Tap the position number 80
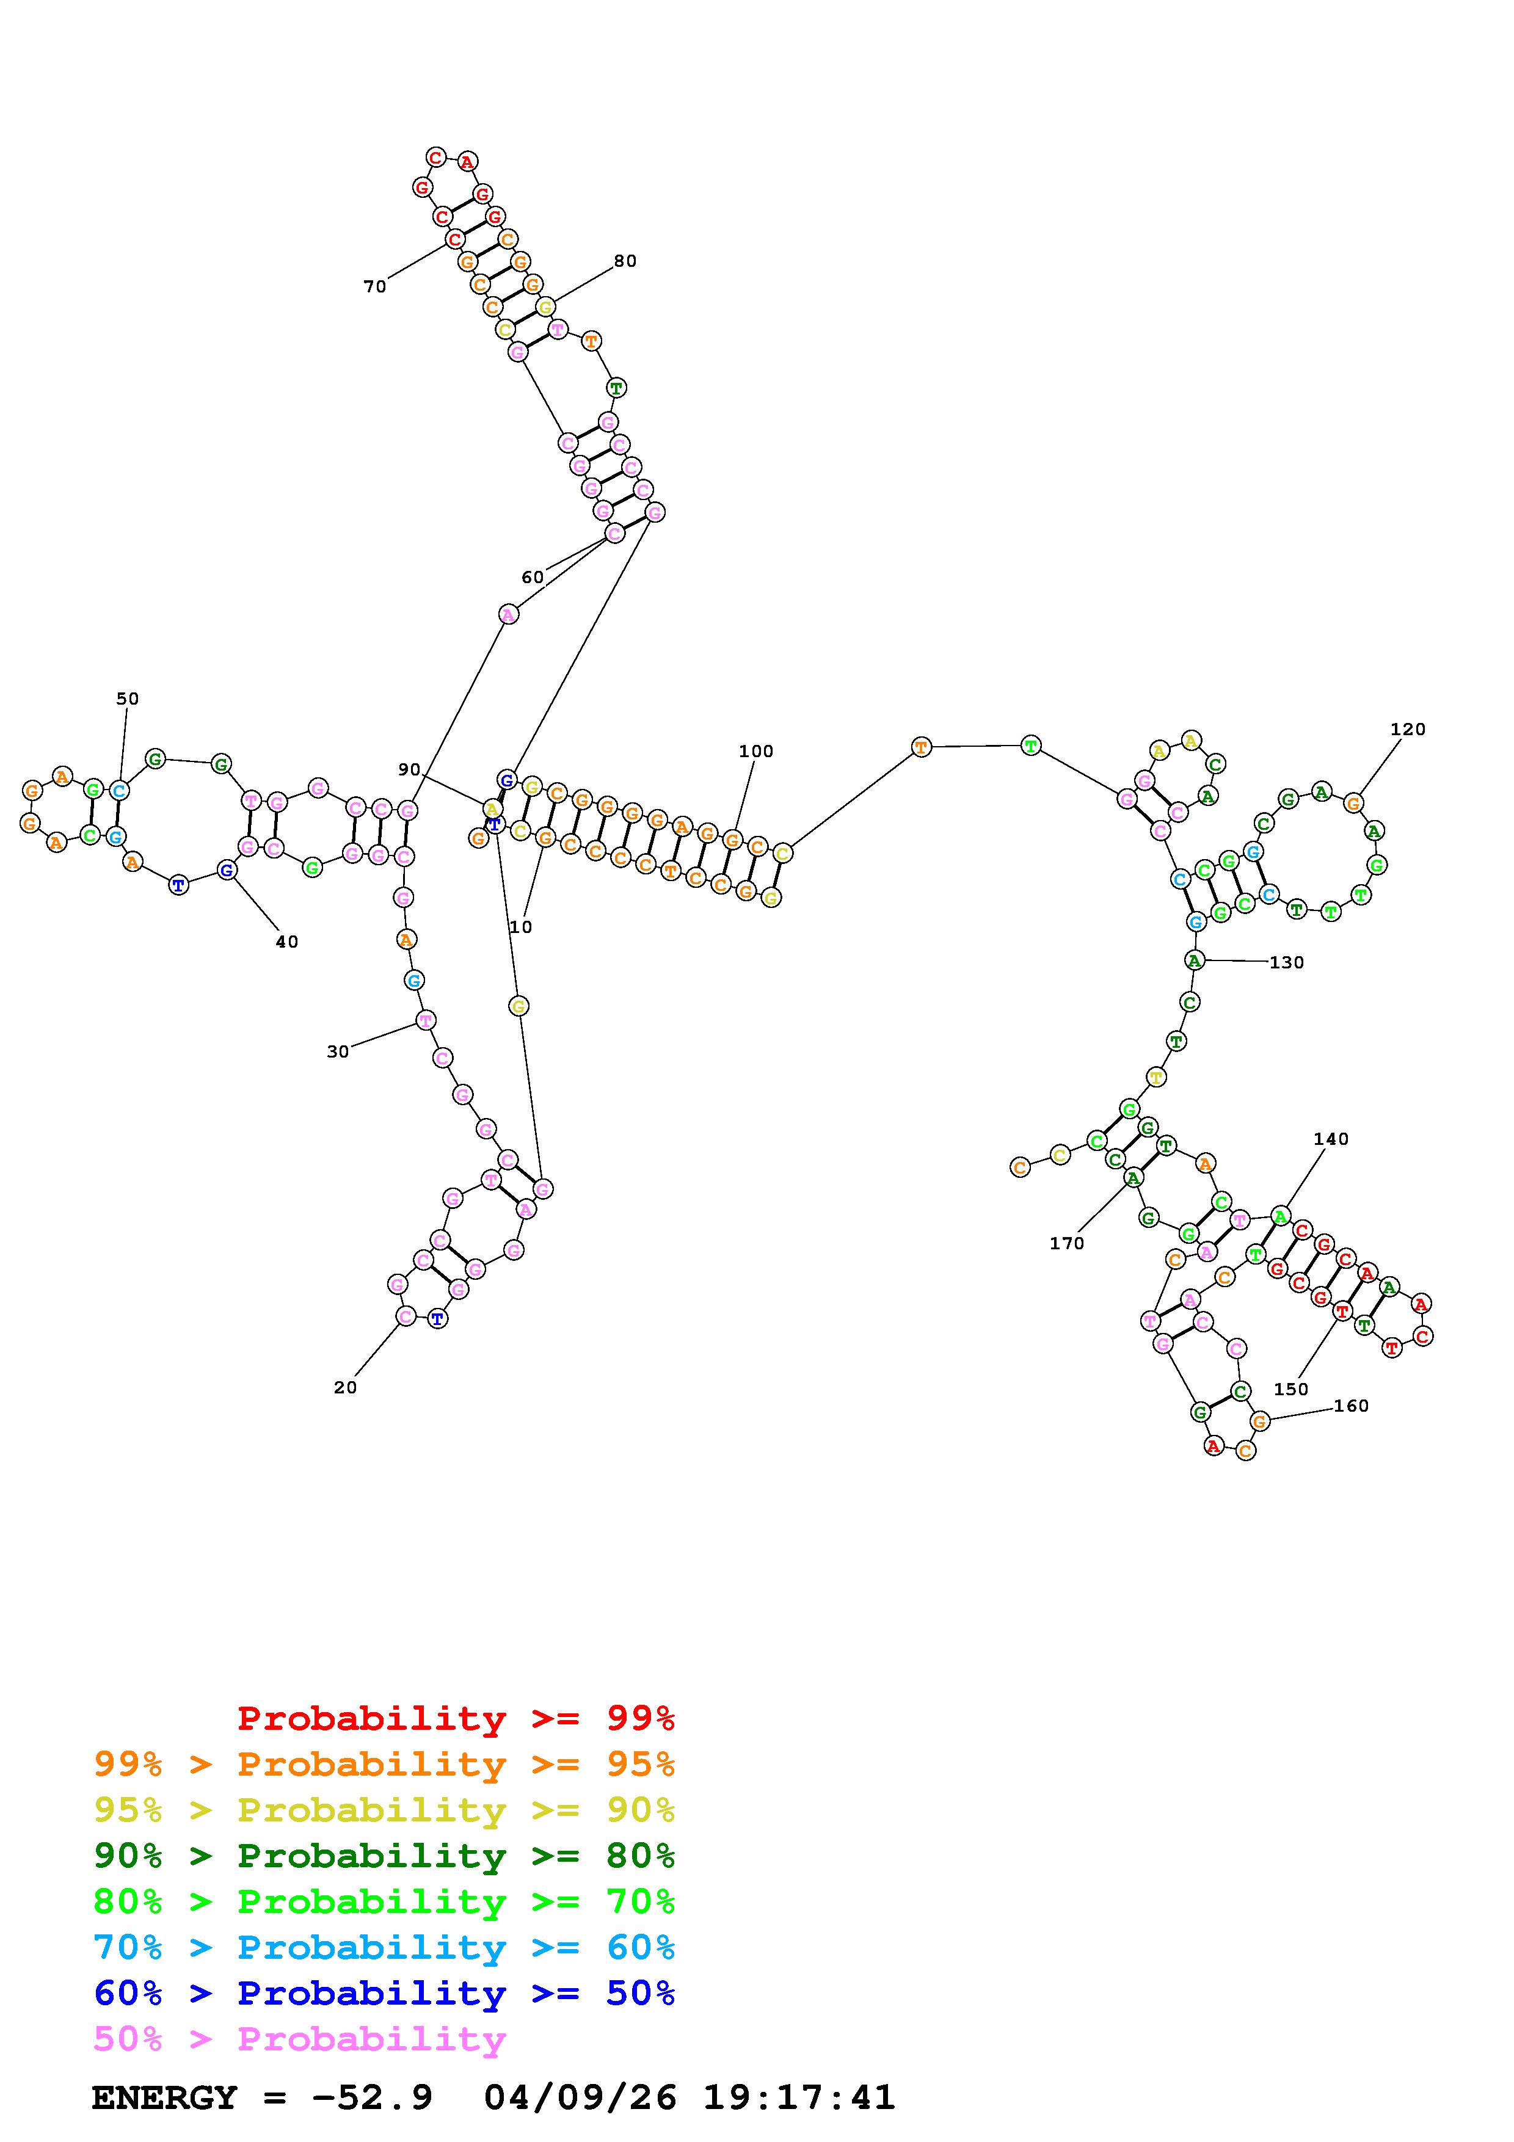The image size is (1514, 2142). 625,261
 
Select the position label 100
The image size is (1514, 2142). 755,751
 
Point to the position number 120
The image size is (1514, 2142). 1408,730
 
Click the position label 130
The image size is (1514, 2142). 1286,963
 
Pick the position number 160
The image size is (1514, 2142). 1351,1406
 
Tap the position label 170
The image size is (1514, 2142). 1066,1244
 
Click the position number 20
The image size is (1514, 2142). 345,1388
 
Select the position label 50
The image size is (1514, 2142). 127,699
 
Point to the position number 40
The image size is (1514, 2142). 286,942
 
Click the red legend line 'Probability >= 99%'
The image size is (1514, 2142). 456,1718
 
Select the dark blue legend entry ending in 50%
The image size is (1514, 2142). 384,1993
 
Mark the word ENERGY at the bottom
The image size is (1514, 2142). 164,2097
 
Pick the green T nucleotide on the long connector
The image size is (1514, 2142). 1030,746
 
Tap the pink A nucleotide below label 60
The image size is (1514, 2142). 508,614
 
